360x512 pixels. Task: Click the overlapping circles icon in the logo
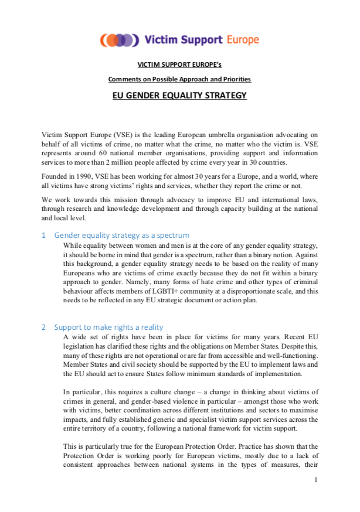click(120, 40)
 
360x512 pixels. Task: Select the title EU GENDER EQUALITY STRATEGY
click(179, 95)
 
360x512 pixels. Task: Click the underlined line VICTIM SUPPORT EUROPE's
click(179, 64)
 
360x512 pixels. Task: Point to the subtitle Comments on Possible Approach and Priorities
click(179, 79)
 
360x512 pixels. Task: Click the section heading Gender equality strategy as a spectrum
click(122, 235)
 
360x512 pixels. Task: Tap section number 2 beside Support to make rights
click(43, 327)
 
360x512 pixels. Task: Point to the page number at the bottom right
click(315, 480)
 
